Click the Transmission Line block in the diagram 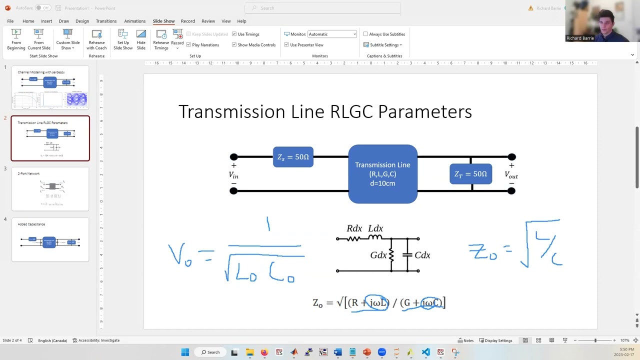[x=382, y=174]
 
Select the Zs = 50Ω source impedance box [x=293, y=157]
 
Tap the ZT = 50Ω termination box [x=470, y=174]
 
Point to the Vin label [x=233, y=174]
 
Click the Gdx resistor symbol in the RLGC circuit [x=391, y=255]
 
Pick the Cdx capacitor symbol [x=407, y=255]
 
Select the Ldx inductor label [x=375, y=228]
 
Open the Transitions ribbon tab [x=106, y=21]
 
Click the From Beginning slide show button [x=16, y=39]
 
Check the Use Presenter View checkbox [x=286, y=45]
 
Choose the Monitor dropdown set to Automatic [x=332, y=34]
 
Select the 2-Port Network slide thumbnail [x=50, y=189]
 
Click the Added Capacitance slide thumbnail [x=50, y=240]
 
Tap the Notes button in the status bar [x=465, y=340]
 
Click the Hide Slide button [x=141, y=39]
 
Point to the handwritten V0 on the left [x=179, y=254]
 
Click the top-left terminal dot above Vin [x=233, y=157]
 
